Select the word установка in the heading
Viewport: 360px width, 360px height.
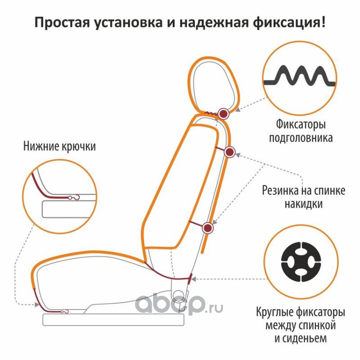coord(126,22)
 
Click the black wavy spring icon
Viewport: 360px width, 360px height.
coord(300,77)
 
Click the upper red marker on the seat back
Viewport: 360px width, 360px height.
coord(229,152)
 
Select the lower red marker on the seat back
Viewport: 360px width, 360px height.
coord(208,228)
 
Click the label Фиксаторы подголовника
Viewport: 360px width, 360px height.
coord(301,130)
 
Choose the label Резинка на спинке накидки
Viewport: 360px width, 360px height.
coord(300,197)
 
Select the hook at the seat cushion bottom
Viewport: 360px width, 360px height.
coord(64,311)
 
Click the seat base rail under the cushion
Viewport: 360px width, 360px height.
coord(112,319)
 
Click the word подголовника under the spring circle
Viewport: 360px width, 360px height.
coord(301,137)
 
